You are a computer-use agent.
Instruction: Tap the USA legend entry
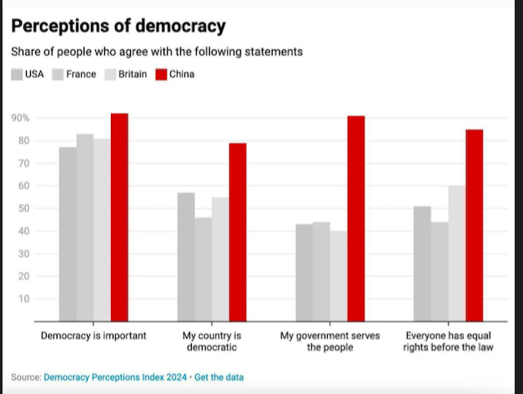coord(28,74)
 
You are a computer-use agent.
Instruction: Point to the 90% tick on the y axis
coord(20,118)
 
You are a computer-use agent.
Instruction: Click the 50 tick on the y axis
coord(23,208)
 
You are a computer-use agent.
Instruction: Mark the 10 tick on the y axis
coord(23,298)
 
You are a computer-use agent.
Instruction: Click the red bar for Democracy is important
coord(119,217)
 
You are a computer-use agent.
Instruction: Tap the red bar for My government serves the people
coord(356,218)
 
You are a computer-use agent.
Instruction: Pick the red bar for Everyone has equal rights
coord(475,225)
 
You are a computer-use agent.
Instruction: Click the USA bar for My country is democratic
coord(186,257)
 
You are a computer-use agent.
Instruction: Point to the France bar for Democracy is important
coord(85,227)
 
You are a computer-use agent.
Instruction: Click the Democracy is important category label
coord(93,336)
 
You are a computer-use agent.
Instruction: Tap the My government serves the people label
coord(330,342)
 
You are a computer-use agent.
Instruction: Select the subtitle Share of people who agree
coord(156,52)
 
